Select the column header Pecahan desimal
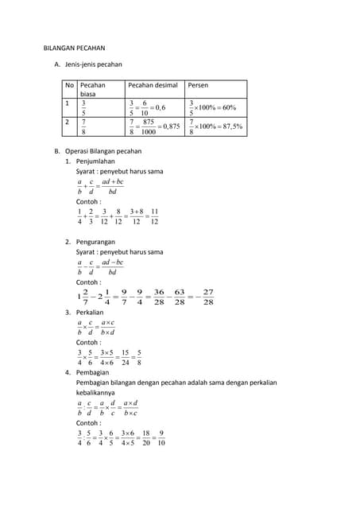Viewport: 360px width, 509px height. (x=153, y=84)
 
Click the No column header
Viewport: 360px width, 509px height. (x=70, y=84)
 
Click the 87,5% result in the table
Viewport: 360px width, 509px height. (x=228, y=126)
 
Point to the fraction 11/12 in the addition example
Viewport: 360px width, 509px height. (x=154, y=216)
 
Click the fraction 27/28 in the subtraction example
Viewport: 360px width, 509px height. (x=208, y=297)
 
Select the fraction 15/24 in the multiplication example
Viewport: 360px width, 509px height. (x=125, y=357)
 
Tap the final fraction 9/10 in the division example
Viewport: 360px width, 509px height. (x=161, y=438)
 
